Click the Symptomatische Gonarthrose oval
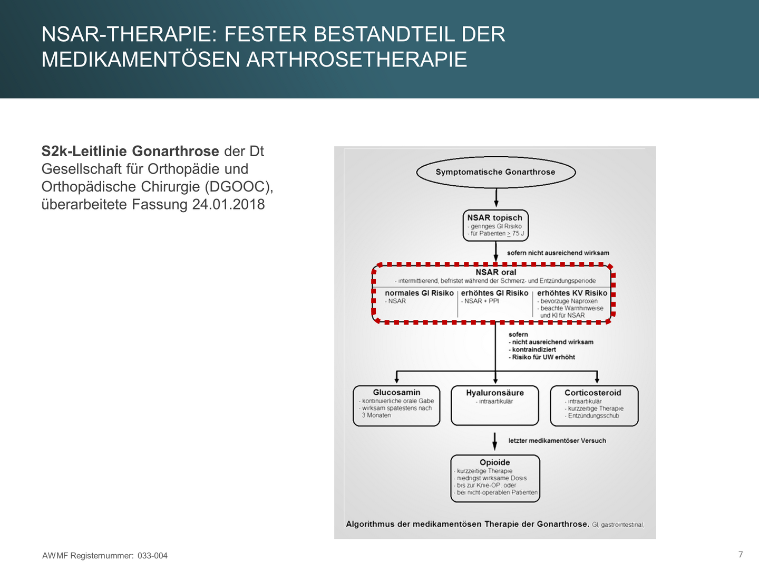point(495,172)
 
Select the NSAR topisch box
point(495,225)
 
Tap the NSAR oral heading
point(495,272)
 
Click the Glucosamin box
point(396,405)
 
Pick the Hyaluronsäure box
point(495,405)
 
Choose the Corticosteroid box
point(593,405)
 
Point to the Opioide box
point(495,478)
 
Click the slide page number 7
point(741,554)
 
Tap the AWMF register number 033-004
point(152,556)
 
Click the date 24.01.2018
point(228,204)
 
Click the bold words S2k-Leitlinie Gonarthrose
point(130,151)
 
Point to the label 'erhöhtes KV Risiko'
point(572,293)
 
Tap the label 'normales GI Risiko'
point(419,293)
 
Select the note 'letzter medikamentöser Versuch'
point(557,441)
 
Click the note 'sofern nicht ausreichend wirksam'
point(558,253)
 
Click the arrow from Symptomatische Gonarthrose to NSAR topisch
point(496,197)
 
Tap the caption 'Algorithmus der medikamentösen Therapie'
point(467,524)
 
